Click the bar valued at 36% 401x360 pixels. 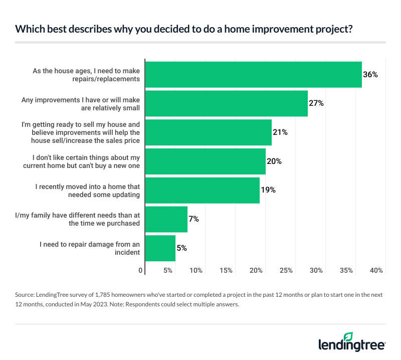click(253, 75)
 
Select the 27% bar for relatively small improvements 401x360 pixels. click(226, 103)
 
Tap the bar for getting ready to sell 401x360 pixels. click(208, 132)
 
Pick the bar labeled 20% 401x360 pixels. click(205, 161)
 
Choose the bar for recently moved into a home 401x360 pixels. click(202, 190)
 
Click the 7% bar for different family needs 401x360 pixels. click(166, 219)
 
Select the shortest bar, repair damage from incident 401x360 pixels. click(160, 248)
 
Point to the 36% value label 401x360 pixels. click(370, 75)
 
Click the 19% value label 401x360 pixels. click(268, 190)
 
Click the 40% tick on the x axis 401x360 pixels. click(376, 270)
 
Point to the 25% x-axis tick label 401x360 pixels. click(286, 270)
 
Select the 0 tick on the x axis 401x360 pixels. click(141, 270)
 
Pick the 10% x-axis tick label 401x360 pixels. click(196, 270)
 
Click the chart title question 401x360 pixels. click(183, 29)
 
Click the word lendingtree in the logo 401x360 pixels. click(351, 345)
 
